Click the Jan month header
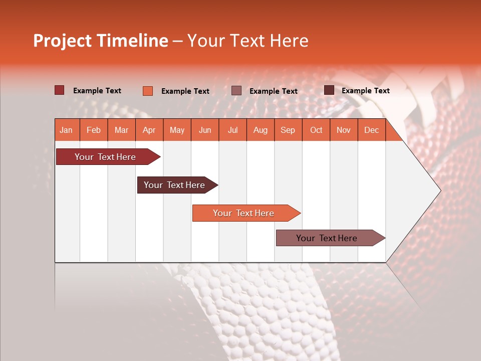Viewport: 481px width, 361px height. click(67, 130)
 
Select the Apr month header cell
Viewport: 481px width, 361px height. click(149, 130)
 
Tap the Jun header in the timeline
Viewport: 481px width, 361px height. click(205, 130)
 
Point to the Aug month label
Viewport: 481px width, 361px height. click(260, 130)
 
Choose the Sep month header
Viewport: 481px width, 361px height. click(288, 130)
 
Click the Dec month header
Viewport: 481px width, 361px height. click(371, 130)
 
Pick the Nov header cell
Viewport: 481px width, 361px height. click(344, 130)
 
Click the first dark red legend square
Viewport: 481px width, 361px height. click(59, 90)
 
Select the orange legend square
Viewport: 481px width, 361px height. click(147, 91)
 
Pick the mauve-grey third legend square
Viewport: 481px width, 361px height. click(236, 91)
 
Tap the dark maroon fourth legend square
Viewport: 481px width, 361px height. click(329, 90)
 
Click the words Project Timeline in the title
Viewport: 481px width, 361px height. click(101, 41)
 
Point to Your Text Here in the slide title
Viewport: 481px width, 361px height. click(248, 41)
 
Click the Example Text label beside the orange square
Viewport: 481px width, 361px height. click(185, 91)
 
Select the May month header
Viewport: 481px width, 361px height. click(177, 130)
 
